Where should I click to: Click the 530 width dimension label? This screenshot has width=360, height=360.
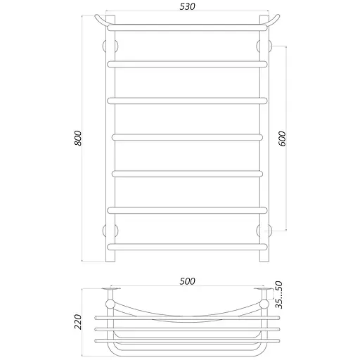coord(186,7)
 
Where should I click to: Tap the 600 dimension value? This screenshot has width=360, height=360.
coord(283,139)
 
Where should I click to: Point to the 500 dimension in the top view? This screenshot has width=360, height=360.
coord(186,281)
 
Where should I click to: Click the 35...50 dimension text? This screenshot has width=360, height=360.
coord(279,296)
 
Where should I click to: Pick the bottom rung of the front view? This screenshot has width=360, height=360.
coord(187,246)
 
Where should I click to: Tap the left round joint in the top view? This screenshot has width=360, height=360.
coord(110,304)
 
